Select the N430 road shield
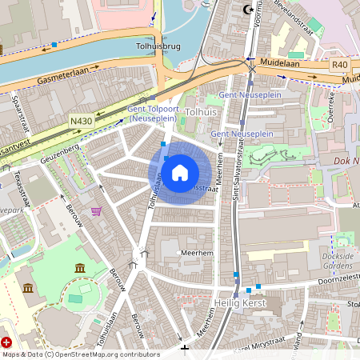(81, 122)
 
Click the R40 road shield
(339, 64)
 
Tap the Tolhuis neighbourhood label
(201, 113)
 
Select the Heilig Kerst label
(240, 303)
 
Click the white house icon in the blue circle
(180, 172)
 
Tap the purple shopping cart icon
(97, 211)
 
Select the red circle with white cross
(7, 342)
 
